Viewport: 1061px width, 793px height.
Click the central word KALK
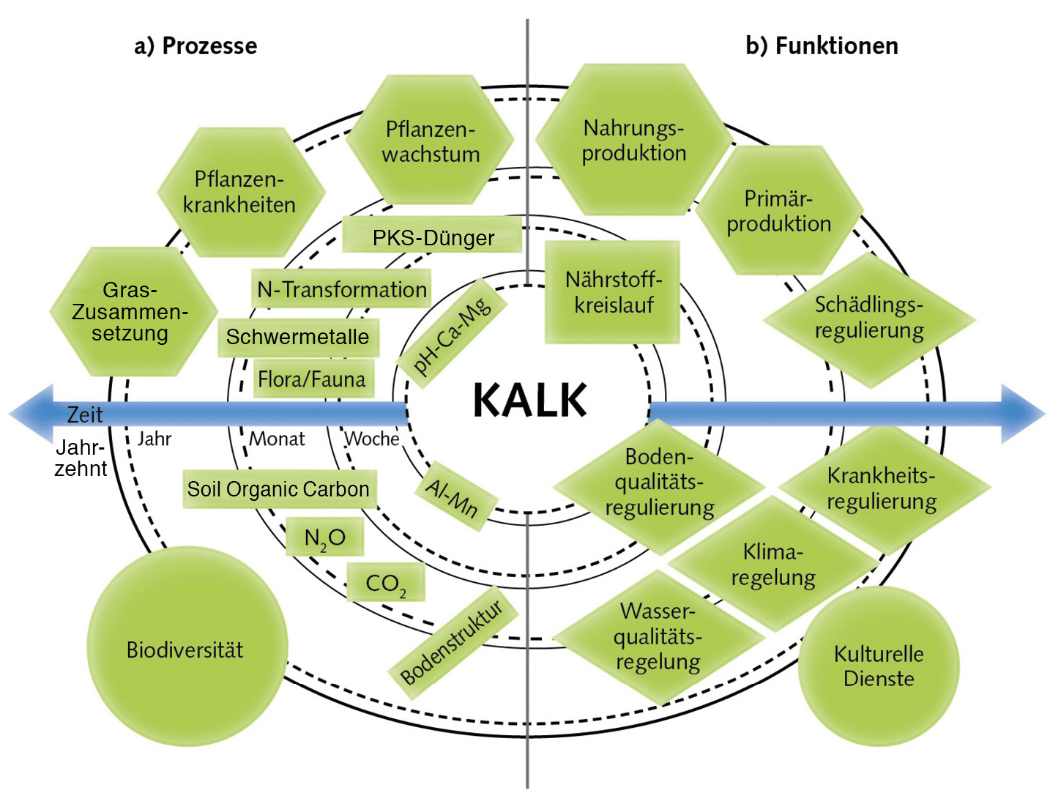coord(529,401)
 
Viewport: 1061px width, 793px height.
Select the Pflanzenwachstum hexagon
coord(431,141)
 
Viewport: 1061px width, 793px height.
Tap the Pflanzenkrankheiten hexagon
coord(240,192)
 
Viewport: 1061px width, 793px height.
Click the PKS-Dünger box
coord(433,237)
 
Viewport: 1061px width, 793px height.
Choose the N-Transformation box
coord(341,289)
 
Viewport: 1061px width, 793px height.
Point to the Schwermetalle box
coord(298,337)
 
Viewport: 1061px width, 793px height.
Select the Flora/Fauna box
coord(312,379)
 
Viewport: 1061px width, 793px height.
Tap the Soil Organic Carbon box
coord(278,489)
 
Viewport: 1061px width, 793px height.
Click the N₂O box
coord(324,538)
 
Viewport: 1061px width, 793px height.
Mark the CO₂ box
coord(385,584)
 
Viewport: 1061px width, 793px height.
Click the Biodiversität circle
coord(186,649)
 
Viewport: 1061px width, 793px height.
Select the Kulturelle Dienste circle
coord(879,666)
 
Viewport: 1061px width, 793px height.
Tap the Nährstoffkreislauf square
coord(613,292)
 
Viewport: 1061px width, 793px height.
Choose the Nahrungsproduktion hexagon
coord(633,140)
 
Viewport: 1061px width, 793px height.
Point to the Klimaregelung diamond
coord(773,564)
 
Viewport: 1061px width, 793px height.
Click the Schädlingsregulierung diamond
coord(869,319)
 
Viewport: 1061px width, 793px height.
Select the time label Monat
coord(277,439)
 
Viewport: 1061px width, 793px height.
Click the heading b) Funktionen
coord(822,46)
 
